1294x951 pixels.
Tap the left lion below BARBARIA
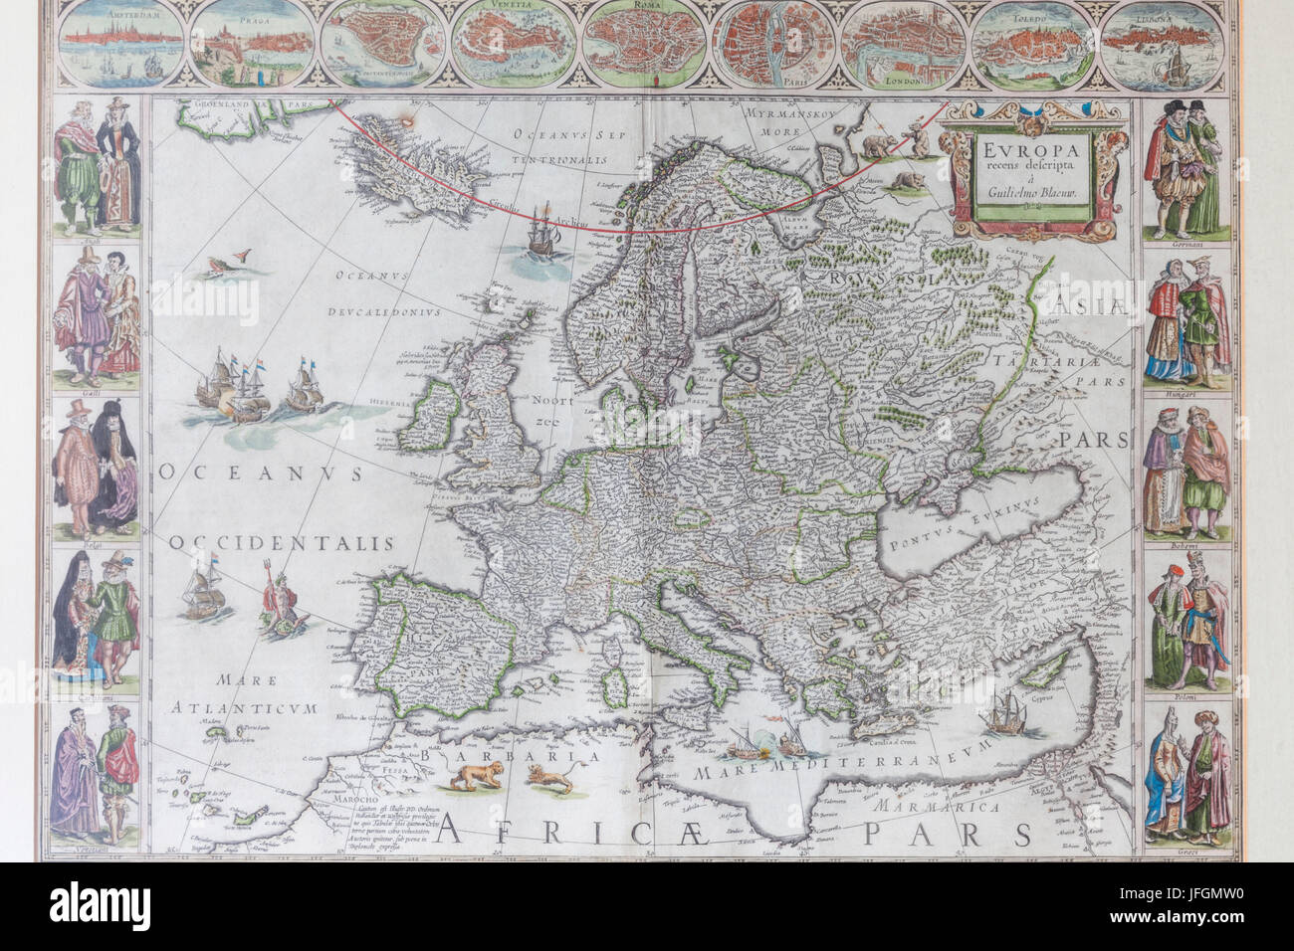(461, 782)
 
